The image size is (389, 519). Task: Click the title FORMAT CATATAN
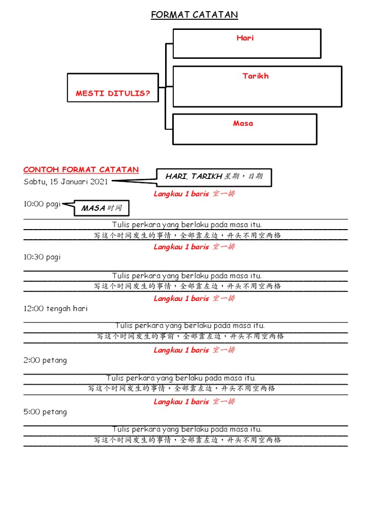(194, 15)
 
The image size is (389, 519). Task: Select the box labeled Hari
(247, 44)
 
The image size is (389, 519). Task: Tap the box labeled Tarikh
(257, 86)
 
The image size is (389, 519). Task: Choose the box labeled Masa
(245, 129)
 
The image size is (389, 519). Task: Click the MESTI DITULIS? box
(113, 93)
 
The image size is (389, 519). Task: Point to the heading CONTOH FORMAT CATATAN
(81, 170)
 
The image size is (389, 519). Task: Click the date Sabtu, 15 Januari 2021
(65, 182)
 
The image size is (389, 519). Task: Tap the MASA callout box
(101, 208)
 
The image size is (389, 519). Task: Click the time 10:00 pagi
(42, 204)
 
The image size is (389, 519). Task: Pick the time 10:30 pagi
(42, 257)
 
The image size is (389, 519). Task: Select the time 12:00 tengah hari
(55, 308)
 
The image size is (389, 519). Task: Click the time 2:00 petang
(45, 360)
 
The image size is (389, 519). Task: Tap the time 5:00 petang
(45, 412)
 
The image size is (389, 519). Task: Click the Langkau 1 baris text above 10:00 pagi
(194, 194)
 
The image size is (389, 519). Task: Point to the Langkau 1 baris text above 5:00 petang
(194, 402)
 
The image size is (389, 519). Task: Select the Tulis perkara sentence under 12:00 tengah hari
(190, 326)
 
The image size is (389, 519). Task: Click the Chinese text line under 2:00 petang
(181, 388)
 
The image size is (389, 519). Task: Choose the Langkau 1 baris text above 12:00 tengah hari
(194, 299)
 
